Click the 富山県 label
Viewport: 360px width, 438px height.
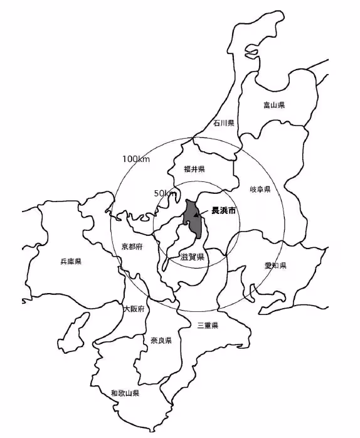[x=274, y=105]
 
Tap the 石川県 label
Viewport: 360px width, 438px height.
[x=223, y=123]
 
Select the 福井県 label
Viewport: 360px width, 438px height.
[x=194, y=169]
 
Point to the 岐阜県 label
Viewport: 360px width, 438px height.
[x=259, y=189]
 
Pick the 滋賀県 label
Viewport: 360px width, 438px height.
[x=192, y=257]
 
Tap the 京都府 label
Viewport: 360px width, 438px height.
[x=132, y=247]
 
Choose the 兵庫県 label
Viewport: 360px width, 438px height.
[x=71, y=260]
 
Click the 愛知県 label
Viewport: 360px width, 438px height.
[x=275, y=265]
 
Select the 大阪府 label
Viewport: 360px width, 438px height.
[x=134, y=309]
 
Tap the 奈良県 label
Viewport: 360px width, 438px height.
[x=161, y=340]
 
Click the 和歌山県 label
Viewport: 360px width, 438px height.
[x=125, y=393]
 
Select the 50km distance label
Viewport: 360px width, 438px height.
[x=165, y=193]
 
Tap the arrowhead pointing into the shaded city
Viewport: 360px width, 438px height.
[x=197, y=215]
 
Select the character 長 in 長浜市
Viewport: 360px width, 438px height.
[x=216, y=211]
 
